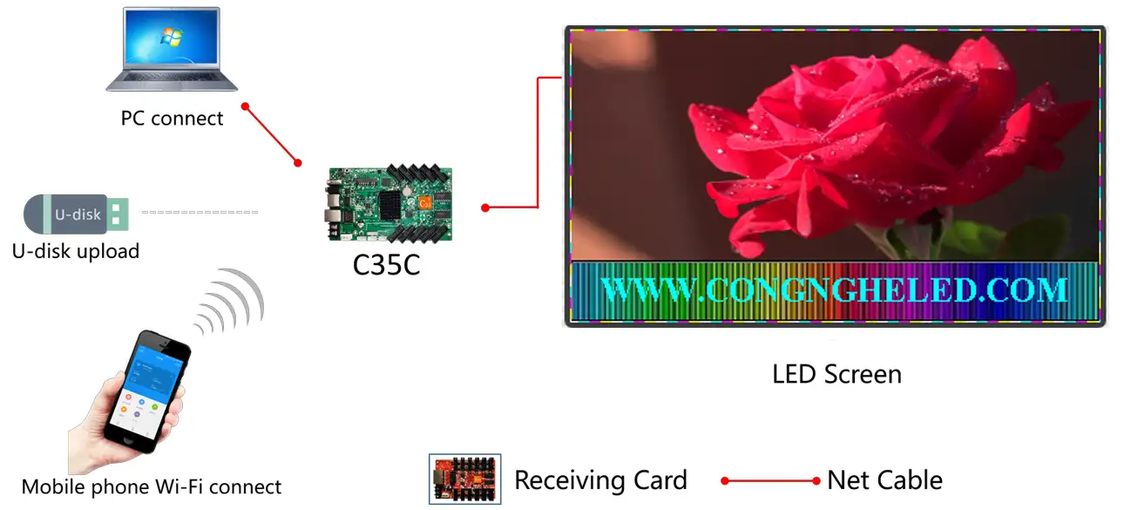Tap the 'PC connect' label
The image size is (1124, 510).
point(172,119)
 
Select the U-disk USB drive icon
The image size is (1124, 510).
point(77,214)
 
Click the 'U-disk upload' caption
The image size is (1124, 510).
point(76,251)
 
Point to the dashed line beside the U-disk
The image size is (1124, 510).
point(200,212)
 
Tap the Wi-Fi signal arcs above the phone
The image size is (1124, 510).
point(228,302)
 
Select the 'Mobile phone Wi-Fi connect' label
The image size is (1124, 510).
point(152,486)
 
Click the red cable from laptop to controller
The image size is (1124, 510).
point(272,134)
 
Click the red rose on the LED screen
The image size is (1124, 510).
point(854,139)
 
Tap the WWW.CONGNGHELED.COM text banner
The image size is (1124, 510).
point(834,290)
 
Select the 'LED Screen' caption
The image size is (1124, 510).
point(836,375)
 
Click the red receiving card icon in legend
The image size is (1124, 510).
point(465,479)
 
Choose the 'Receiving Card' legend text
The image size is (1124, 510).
point(600,480)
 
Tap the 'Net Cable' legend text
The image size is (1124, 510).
point(884,480)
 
